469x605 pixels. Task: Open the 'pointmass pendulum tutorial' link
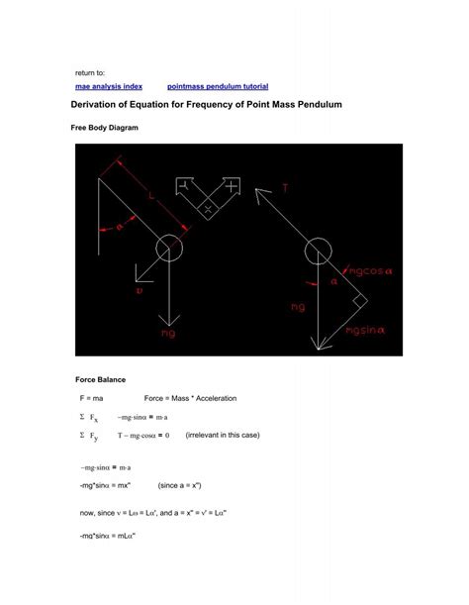218,87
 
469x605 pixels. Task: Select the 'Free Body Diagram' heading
105,129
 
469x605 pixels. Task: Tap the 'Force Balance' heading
101,379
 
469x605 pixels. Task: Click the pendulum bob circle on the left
168,248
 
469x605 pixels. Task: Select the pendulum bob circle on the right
318,252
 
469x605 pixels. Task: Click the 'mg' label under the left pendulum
168,335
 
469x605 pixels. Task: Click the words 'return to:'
92,74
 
